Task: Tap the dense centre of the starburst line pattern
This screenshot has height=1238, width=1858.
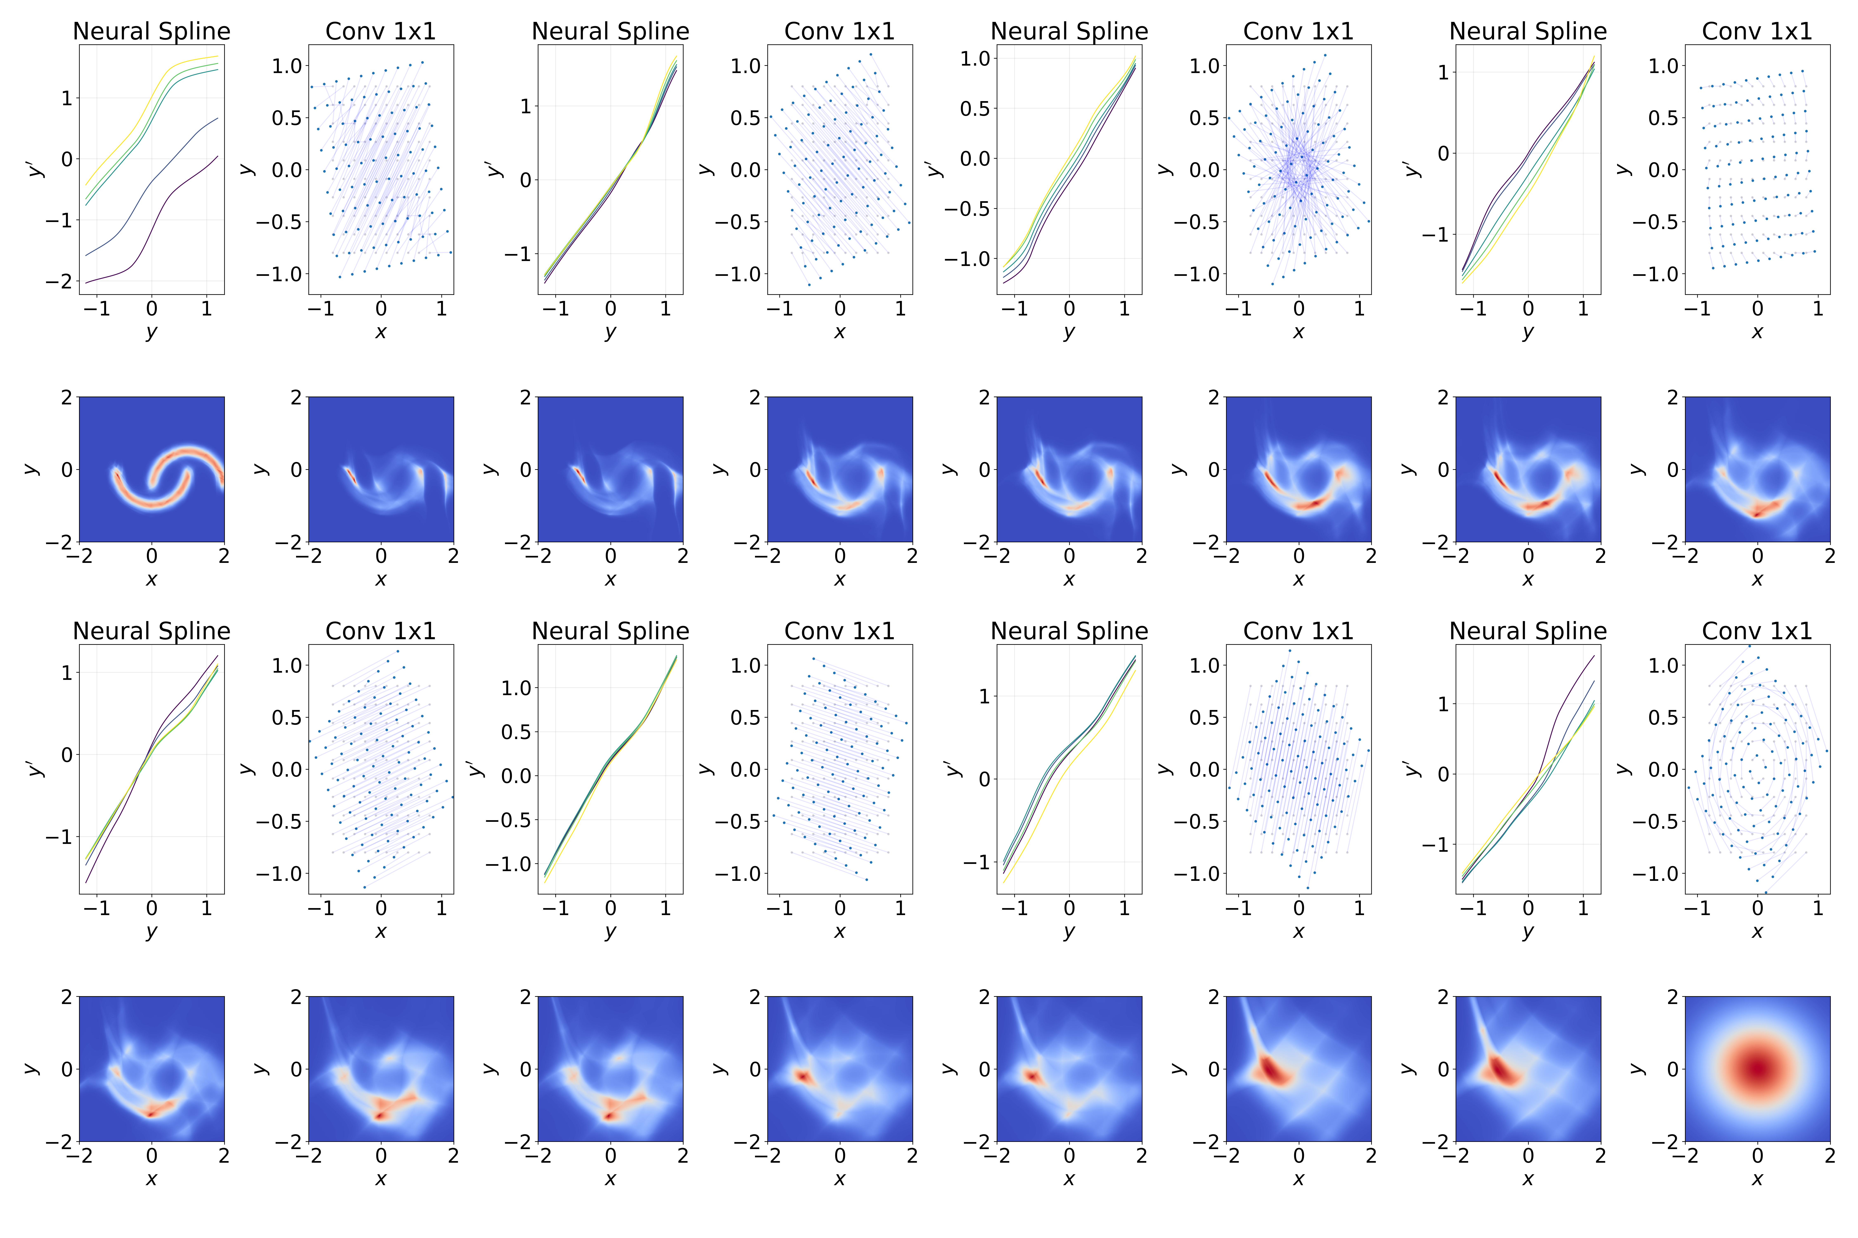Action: [1298, 170]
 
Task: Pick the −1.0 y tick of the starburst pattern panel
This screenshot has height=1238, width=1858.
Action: [1197, 274]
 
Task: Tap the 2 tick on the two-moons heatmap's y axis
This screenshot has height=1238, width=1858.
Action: [66, 397]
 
